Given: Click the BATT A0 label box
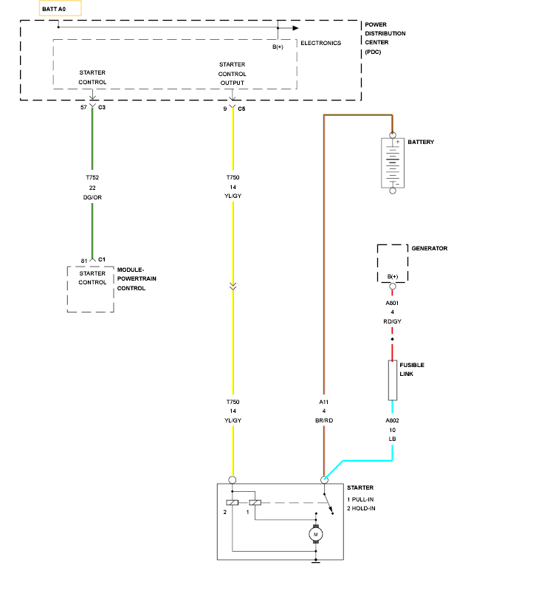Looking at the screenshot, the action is [x=61, y=8].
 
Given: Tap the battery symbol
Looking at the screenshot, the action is [x=393, y=163].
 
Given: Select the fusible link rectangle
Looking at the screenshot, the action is [x=393, y=380].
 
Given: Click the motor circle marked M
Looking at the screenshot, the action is [x=316, y=535].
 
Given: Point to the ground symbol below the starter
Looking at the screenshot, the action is [x=316, y=561].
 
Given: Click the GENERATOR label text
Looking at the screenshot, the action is [x=430, y=248].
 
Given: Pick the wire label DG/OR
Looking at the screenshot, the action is [x=92, y=197].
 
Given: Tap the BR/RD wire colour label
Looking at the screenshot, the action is [x=324, y=420].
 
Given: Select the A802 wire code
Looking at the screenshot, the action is [x=392, y=420].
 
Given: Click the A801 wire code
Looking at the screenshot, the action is [x=392, y=303].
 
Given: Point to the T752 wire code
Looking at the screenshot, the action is [x=92, y=177].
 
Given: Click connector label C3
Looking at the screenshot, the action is [x=102, y=107].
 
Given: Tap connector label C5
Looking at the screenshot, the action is [x=241, y=109].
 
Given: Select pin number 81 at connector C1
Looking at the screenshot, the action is [x=84, y=261].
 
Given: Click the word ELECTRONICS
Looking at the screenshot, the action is [x=321, y=43].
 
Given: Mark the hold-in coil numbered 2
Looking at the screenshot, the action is [x=232, y=503].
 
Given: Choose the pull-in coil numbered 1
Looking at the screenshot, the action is [x=255, y=503].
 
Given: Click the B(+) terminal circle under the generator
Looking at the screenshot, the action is [x=393, y=286].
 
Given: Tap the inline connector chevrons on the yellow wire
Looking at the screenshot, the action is [x=233, y=287].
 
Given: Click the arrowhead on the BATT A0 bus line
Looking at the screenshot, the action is [x=296, y=28].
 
